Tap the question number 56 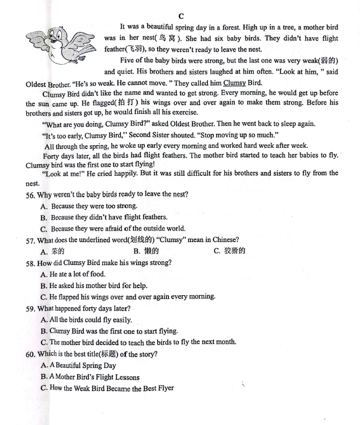coord(31,194)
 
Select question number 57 coord(31,240)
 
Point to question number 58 coord(31,263)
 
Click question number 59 coord(31,308)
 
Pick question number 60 coord(31,354)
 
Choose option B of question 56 coord(103,217)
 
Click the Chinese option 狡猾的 coord(234,251)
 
